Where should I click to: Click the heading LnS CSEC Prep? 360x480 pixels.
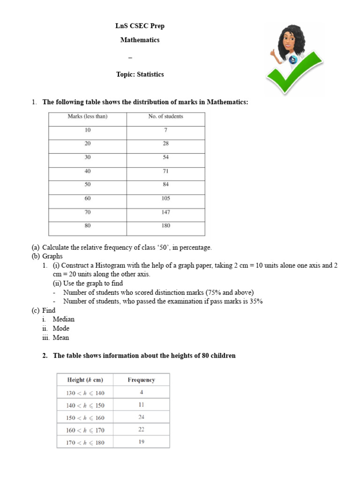(140, 26)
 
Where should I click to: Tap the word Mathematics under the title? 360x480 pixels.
(140, 40)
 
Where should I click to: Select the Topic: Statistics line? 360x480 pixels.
(140, 75)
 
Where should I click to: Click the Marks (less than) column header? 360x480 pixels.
(87, 116)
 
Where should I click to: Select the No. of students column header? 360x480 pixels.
(165, 116)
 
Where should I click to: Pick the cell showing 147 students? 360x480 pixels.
(165, 212)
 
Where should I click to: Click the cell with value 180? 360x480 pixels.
(165, 225)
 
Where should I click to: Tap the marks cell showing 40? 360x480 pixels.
(88, 171)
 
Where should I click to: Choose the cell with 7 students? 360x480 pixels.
(165, 130)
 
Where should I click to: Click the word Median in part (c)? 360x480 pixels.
(63, 319)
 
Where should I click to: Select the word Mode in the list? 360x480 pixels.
(61, 329)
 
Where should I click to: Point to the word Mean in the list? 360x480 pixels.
(61, 337)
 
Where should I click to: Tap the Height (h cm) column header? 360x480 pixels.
(85, 380)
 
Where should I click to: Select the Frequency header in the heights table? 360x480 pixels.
(141, 380)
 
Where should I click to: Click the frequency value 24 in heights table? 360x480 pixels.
(141, 417)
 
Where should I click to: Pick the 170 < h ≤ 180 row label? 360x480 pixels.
(85, 442)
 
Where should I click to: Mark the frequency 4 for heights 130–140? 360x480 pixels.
(141, 392)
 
